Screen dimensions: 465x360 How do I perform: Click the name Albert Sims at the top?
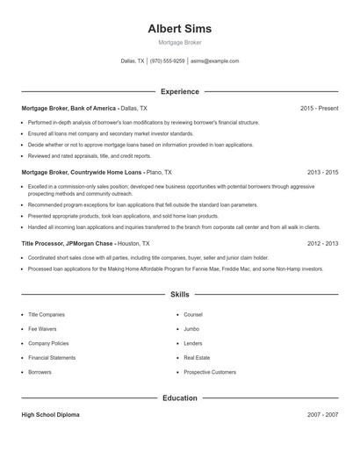tap(179, 28)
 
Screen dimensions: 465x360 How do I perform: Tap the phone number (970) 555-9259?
tap(167, 61)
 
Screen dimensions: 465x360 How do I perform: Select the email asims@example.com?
tap(214, 61)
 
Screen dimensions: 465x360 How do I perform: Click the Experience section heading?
tap(179, 91)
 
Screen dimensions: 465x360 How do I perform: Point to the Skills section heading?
tap(179, 295)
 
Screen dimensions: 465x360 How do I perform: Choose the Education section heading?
tap(179, 397)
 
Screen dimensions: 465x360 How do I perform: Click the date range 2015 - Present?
tap(319, 108)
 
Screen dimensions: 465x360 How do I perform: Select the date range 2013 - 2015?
tap(322, 173)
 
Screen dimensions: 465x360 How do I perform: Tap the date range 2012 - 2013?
tap(322, 243)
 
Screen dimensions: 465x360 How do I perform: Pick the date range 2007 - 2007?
tap(322, 414)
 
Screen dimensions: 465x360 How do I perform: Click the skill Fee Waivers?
tap(42, 329)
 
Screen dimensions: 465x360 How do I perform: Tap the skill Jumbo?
tap(191, 329)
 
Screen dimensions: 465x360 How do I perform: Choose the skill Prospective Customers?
tap(210, 372)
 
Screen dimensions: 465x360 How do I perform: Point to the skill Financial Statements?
tap(52, 358)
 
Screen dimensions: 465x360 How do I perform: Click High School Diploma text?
tap(50, 414)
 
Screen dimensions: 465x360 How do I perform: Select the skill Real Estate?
tap(196, 358)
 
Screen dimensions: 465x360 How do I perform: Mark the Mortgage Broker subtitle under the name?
tap(179, 42)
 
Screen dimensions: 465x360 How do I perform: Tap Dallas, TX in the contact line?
tap(133, 61)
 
